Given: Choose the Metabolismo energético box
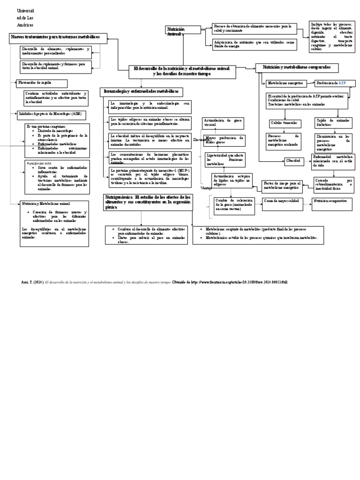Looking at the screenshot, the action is (286, 83).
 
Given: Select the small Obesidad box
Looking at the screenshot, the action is (293, 161).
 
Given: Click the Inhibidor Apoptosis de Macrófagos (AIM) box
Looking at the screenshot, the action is (49, 113).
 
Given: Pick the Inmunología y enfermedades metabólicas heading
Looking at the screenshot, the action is (141, 91).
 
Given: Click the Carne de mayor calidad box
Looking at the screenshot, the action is (281, 201).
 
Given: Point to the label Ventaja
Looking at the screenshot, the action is (194, 188).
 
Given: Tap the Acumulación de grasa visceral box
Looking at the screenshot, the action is (222, 122).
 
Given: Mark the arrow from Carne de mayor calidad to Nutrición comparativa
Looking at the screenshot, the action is (305, 201).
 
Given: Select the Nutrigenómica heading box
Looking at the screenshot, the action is (148, 202).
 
